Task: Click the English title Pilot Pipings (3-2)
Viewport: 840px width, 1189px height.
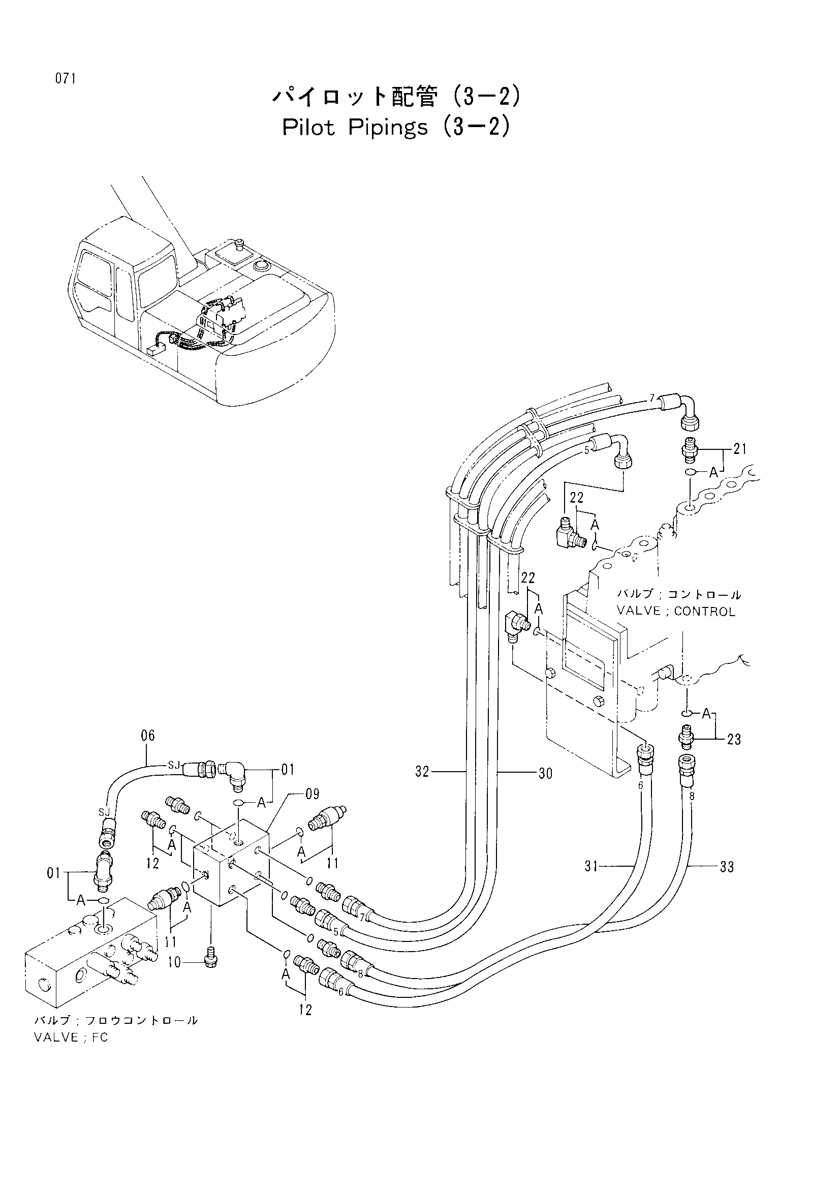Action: click(x=396, y=128)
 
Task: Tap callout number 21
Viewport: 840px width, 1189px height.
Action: click(x=740, y=448)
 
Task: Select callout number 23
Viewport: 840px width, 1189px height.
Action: click(x=734, y=740)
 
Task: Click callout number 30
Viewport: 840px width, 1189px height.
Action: click(x=545, y=773)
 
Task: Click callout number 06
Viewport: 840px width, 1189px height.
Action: click(x=147, y=736)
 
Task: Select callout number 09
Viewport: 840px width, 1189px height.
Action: click(x=312, y=794)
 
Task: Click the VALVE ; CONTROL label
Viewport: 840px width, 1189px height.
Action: click(x=676, y=612)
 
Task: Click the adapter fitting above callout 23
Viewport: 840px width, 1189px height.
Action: click(x=687, y=738)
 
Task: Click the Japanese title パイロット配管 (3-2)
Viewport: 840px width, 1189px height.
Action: click(x=396, y=97)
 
